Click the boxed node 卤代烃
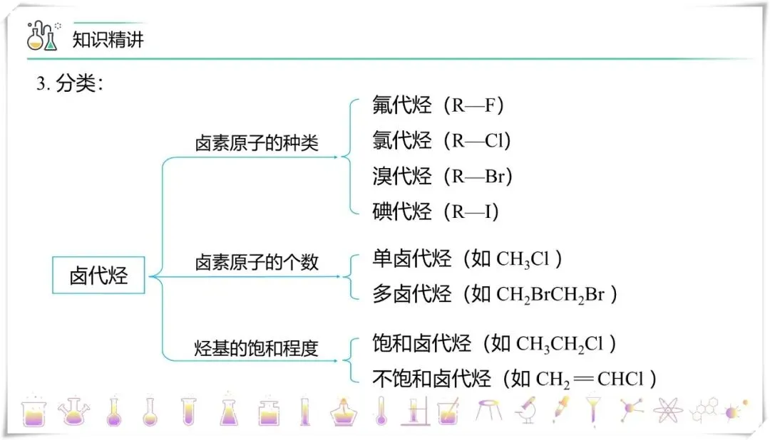click(x=98, y=276)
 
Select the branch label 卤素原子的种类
click(x=257, y=144)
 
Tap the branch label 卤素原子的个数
click(x=257, y=263)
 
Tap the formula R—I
click(x=471, y=211)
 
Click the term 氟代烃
click(x=401, y=106)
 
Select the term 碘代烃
click(x=401, y=211)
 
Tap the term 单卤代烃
click(x=411, y=258)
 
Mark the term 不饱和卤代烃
click(x=431, y=379)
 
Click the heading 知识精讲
click(x=108, y=39)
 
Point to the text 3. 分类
click(x=70, y=84)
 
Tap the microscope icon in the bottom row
click(x=527, y=409)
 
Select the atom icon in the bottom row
click(x=667, y=409)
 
